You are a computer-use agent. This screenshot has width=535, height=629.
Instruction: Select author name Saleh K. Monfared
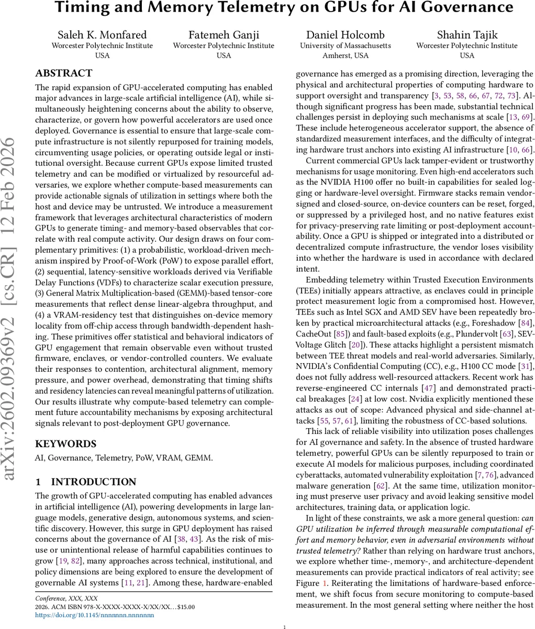click(102, 35)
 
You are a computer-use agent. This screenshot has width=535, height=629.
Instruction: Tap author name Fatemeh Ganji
click(224, 35)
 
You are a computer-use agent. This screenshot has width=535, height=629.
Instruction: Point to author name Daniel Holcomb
click(345, 35)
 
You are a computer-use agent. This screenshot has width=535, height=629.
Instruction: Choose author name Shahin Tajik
click(467, 35)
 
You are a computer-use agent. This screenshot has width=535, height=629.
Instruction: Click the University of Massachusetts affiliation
click(345, 46)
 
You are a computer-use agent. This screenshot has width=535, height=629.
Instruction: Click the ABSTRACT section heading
click(63, 73)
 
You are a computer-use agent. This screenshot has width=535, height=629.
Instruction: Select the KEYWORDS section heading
click(65, 443)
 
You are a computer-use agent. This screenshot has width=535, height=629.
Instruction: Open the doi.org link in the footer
click(94, 615)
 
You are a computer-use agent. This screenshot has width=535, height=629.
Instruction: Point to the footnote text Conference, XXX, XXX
click(66, 598)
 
